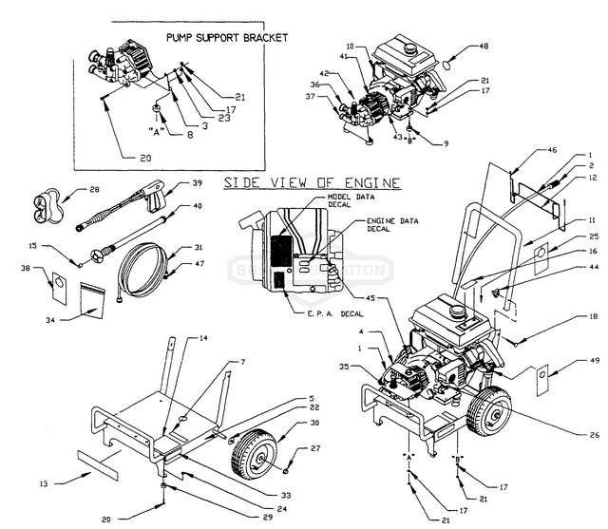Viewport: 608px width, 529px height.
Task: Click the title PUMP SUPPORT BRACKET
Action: [x=226, y=38]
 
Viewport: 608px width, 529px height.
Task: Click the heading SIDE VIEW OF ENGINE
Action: [x=311, y=182]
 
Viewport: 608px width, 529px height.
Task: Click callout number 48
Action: [x=483, y=46]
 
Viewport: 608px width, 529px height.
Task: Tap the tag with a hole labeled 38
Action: [x=56, y=283]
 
